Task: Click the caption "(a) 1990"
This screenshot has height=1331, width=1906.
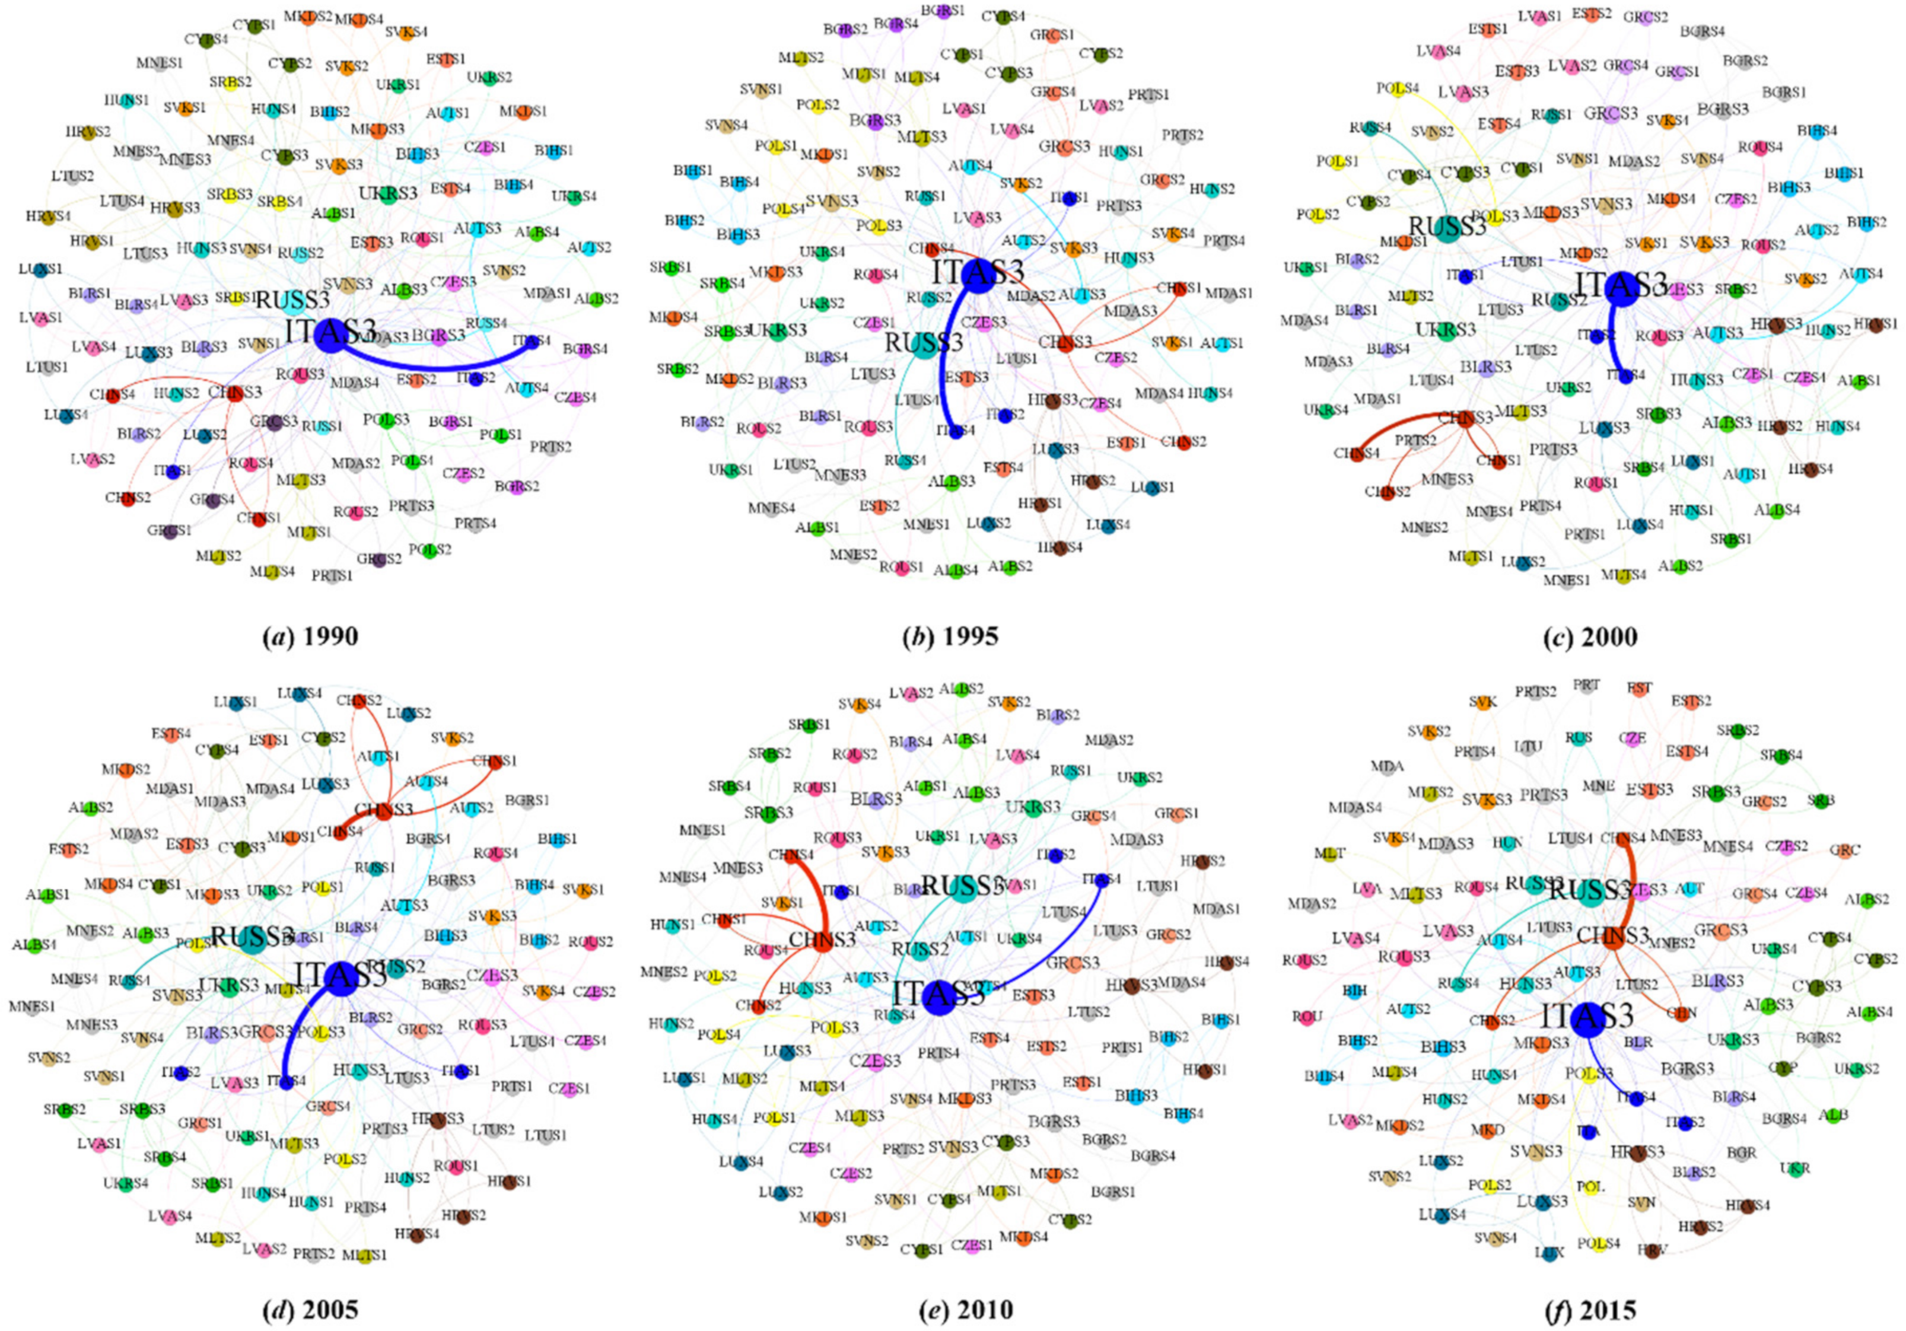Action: (310, 637)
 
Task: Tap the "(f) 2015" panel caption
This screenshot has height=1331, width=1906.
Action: (1590, 1310)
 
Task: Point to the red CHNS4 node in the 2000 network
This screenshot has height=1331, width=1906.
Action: (1357, 454)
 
